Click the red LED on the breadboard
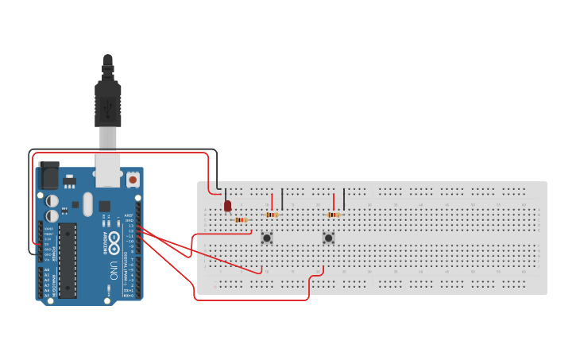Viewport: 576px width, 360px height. [x=228, y=206]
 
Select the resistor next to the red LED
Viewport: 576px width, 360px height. [x=241, y=219]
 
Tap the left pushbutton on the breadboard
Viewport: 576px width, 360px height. [x=267, y=238]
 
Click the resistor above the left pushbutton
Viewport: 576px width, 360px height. [x=273, y=215]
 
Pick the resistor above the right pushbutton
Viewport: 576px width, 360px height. [x=334, y=215]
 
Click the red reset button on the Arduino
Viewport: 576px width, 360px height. [x=133, y=180]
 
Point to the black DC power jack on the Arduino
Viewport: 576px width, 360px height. [x=49, y=175]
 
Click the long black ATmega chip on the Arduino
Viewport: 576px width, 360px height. [x=68, y=260]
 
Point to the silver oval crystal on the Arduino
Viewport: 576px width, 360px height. [x=87, y=204]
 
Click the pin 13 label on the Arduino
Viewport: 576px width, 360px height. [x=130, y=226]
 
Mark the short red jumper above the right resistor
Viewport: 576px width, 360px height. [x=334, y=200]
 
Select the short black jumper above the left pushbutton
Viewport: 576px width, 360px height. [x=282, y=199]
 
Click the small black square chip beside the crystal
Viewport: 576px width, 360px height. [x=104, y=206]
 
